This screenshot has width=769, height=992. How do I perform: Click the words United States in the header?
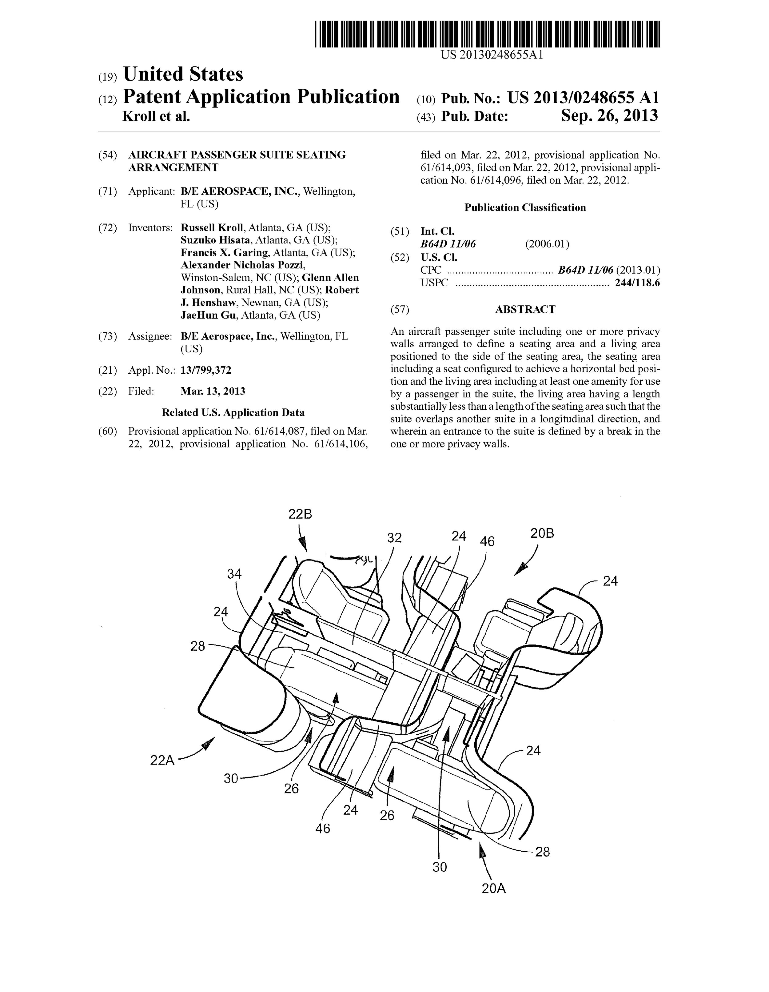(183, 74)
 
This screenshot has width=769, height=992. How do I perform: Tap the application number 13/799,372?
(206, 370)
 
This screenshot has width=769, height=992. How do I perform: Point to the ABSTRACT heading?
(525, 309)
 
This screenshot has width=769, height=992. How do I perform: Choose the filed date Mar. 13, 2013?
(213, 391)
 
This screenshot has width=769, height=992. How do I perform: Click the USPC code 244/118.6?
(637, 283)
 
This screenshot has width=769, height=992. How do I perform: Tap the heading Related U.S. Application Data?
(233, 412)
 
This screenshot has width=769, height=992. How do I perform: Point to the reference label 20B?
(542, 533)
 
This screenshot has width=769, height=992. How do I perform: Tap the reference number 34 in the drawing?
(234, 574)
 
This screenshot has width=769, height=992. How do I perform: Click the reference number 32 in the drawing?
(394, 538)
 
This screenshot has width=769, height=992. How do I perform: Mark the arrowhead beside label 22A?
(208, 744)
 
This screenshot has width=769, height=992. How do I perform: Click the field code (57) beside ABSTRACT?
(400, 310)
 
